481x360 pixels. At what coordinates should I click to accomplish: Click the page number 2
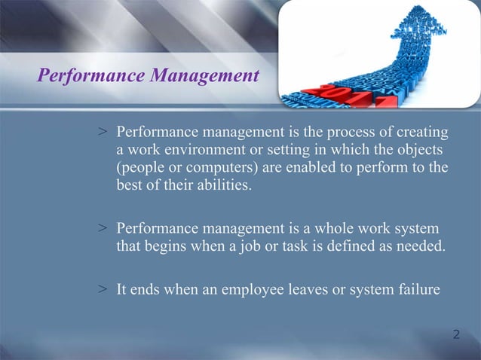456,333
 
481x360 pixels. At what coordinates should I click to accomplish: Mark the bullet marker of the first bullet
103,133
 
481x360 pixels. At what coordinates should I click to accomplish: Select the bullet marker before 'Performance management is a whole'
103,227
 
